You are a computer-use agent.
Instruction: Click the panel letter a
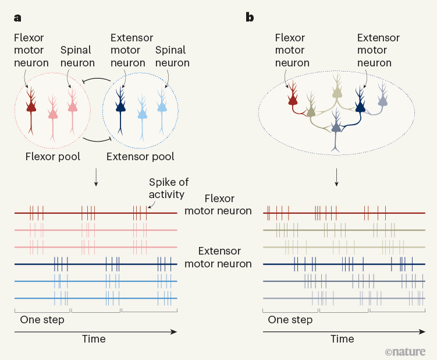pyautogui.click(x=17, y=17)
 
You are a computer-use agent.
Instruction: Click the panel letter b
pyautogui.click(x=250, y=17)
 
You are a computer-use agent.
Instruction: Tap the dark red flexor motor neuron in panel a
pyautogui.click(x=31, y=105)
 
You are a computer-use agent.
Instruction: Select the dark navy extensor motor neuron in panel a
pyautogui.click(x=120, y=105)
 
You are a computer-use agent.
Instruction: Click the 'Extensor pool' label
pyautogui.click(x=140, y=157)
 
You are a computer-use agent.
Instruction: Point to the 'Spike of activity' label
pyautogui.click(x=169, y=188)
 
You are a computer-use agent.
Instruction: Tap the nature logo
pyautogui.click(x=405, y=352)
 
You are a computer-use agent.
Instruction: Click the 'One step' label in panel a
pyautogui.click(x=42, y=320)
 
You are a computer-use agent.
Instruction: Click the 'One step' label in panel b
pyautogui.click(x=290, y=320)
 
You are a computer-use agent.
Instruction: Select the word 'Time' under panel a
pyautogui.click(x=94, y=339)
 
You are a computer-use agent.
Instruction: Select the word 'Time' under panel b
pyautogui.click(x=342, y=339)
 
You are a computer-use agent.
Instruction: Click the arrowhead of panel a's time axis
pyautogui.click(x=174, y=331)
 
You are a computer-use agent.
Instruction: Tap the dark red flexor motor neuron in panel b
pyautogui.click(x=293, y=101)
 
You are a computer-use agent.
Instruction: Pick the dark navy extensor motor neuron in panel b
pyautogui.click(x=360, y=105)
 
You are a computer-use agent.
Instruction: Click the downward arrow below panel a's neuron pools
pyautogui.click(x=96, y=178)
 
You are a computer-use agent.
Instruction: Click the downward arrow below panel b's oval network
pyautogui.click(x=336, y=178)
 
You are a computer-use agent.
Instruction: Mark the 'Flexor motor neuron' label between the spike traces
pyautogui.click(x=218, y=204)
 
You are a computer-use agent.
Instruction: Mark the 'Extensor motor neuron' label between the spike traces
pyautogui.click(x=219, y=257)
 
